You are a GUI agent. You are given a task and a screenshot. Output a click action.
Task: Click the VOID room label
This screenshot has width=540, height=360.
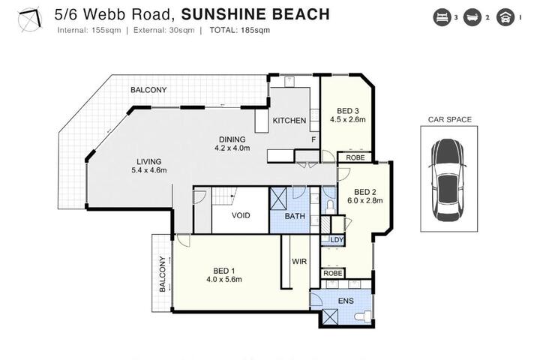pyautogui.click(x=241, y=216)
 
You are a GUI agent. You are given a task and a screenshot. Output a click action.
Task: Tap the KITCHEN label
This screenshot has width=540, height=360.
pyautogui.click(x=289, y=121)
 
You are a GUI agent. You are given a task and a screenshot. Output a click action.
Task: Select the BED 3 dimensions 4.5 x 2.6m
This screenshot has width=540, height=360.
pyautogui.click(x=348, y=119)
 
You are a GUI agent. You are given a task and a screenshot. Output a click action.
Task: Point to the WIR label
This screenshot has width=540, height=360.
pyautogui.click(x=299, y=262)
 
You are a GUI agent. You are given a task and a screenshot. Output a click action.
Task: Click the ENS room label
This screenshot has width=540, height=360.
pyautogui.click(x=346, y=301)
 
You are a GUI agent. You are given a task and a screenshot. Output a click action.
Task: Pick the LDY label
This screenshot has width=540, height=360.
pyautogui.click(x=337, y=240)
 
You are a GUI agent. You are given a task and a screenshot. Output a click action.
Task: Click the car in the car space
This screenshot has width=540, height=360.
pyautogui.click(x=448, y=180)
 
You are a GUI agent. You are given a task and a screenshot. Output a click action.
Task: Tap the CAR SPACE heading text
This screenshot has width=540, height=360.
pyautogui.click(x=450, y=119)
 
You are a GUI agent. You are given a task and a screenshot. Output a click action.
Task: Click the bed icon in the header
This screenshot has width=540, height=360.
pyautogui.click(x=442, y=17)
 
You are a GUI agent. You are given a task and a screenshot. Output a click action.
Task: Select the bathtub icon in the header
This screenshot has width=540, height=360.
pyautogui.click(x=472, y=17)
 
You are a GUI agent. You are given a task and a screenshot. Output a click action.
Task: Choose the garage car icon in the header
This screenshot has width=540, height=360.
pyautogui.click(x=505, y=17)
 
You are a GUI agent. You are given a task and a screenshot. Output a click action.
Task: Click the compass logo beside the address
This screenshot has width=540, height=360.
pyautogui.click(x=30, y=19)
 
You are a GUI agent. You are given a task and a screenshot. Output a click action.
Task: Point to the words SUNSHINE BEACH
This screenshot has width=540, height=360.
pyautogui.click(x=256, y=14)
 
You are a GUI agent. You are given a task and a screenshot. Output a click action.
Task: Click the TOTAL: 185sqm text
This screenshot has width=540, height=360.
pyautogui.click(x=240, y=30)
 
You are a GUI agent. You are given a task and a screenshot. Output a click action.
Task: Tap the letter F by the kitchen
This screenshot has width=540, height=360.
pyautogui.click(x=313, y=139)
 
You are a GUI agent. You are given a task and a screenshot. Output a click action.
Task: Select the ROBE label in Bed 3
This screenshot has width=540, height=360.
pyautogui.click(x=355, y=157)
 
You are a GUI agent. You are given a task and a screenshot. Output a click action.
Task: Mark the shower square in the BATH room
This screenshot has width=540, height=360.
pyautogui.click(x=278, y=199)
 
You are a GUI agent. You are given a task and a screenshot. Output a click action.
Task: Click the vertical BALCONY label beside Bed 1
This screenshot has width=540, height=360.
pyautogui.click(x=163, y=274)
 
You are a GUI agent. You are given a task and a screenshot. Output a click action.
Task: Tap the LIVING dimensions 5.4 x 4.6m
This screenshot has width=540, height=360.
pyautogui.click(x=149, y=170)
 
